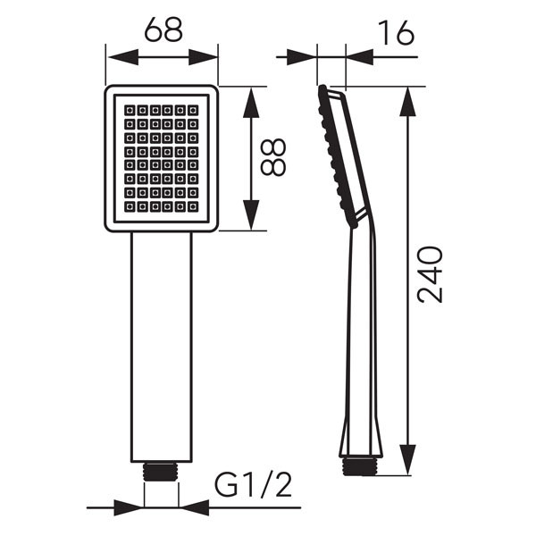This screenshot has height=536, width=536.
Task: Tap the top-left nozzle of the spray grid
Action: (x=130, y=110)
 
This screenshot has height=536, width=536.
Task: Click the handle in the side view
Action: (x=362, y=348)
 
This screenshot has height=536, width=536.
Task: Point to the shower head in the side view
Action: (x=343, y=152)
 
